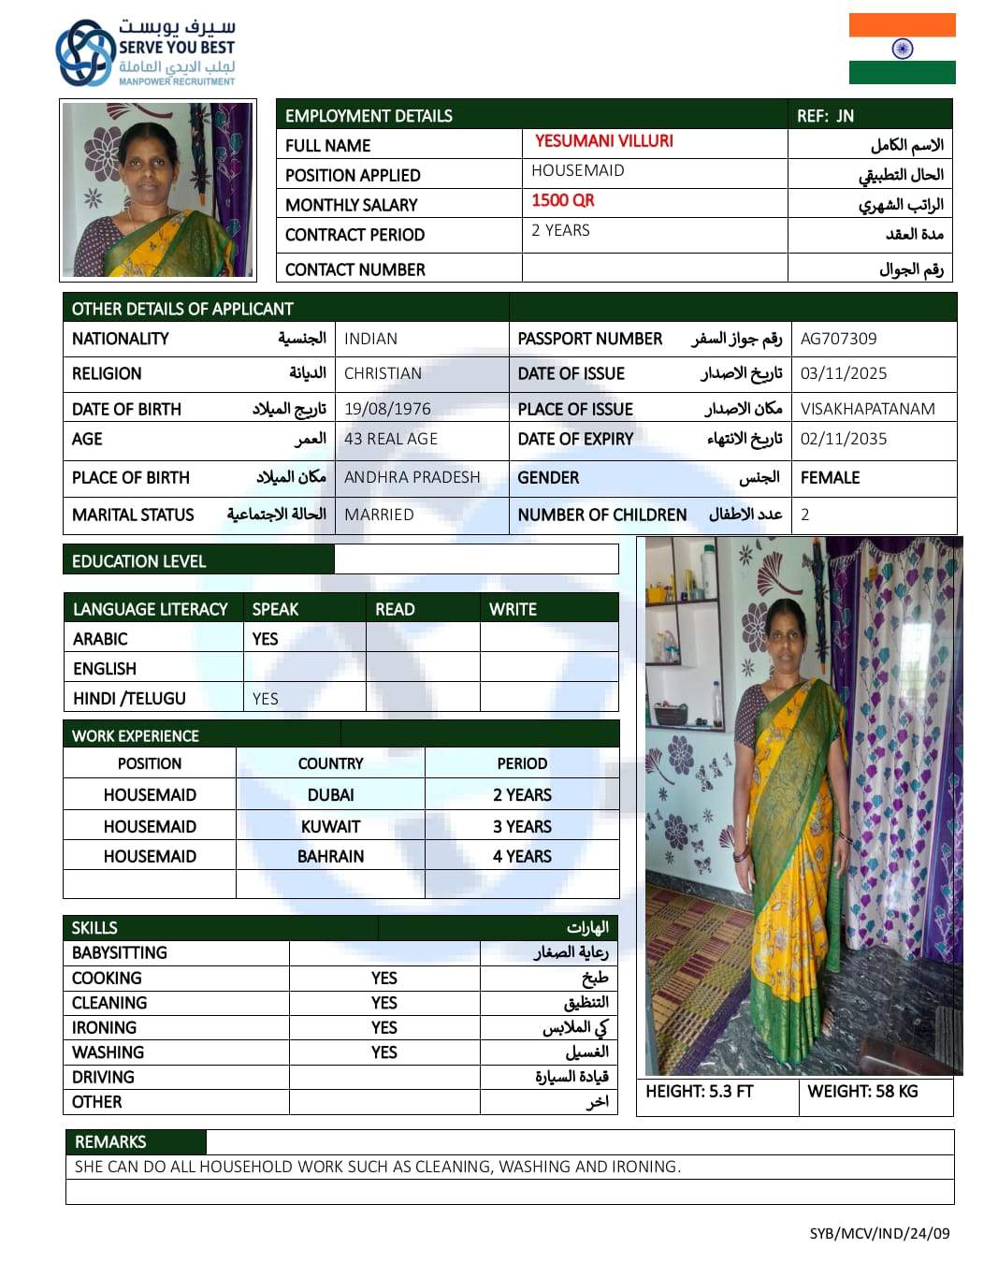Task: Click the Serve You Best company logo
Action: click(145, 52)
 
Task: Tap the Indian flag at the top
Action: click(902, 49)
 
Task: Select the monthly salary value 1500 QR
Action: click(563, 200)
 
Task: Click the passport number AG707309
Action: click(839, 339)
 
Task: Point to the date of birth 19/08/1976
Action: click(387, 409)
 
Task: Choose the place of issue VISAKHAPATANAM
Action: click(868, 409)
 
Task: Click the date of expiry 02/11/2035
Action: click(844, 439)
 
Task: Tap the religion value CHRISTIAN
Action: click(383, 373)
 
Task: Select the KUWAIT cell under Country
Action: click(330, 826)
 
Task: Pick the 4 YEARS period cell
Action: click(522, 856)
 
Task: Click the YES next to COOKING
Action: click(383, 978)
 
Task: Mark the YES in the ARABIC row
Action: click(265, 639)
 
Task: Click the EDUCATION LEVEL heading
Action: click(138, 561)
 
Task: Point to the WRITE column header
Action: click(513, 609)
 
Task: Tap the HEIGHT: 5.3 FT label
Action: click(699, 1091)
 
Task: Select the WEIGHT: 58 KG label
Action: click(862, 1091)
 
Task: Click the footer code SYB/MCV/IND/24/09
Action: click(879, 1233)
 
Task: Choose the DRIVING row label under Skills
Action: click(103, 1077)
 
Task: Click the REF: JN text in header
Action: click(825, 116)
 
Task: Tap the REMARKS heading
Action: click(110, 1141)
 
